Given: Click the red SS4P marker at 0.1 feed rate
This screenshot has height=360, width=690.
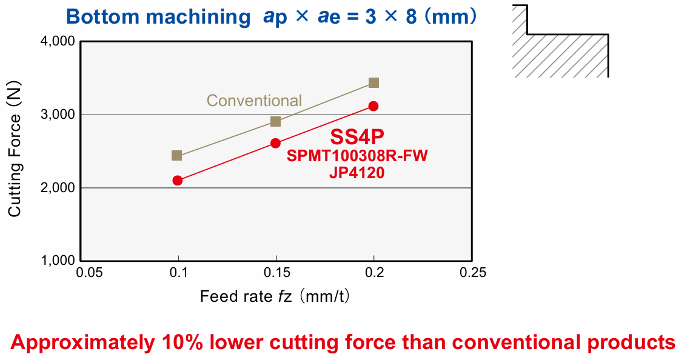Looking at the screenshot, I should click(x=177, y=180).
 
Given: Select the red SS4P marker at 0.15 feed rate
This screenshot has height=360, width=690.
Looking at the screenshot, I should click(x=275, y=143).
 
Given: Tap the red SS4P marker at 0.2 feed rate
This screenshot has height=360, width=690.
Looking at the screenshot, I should click(x=373, y=106).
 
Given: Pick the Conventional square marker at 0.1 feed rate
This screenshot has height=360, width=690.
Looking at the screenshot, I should click(x=176, y=156).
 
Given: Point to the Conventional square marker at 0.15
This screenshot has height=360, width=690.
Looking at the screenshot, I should click(x=275, y=121).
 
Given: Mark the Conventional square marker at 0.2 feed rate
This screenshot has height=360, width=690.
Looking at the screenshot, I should click(x=373, y=82).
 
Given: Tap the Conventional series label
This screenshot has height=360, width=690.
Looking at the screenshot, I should click(x=254, y=101).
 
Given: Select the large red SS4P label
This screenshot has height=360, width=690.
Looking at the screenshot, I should click(x=357, y=137).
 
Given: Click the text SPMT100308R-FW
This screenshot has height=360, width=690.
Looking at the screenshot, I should click(x=357, y=156).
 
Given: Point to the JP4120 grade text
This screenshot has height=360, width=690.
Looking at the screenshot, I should click(x=357, y=173).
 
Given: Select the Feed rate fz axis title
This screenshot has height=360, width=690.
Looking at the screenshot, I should click(x=276, y=297).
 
